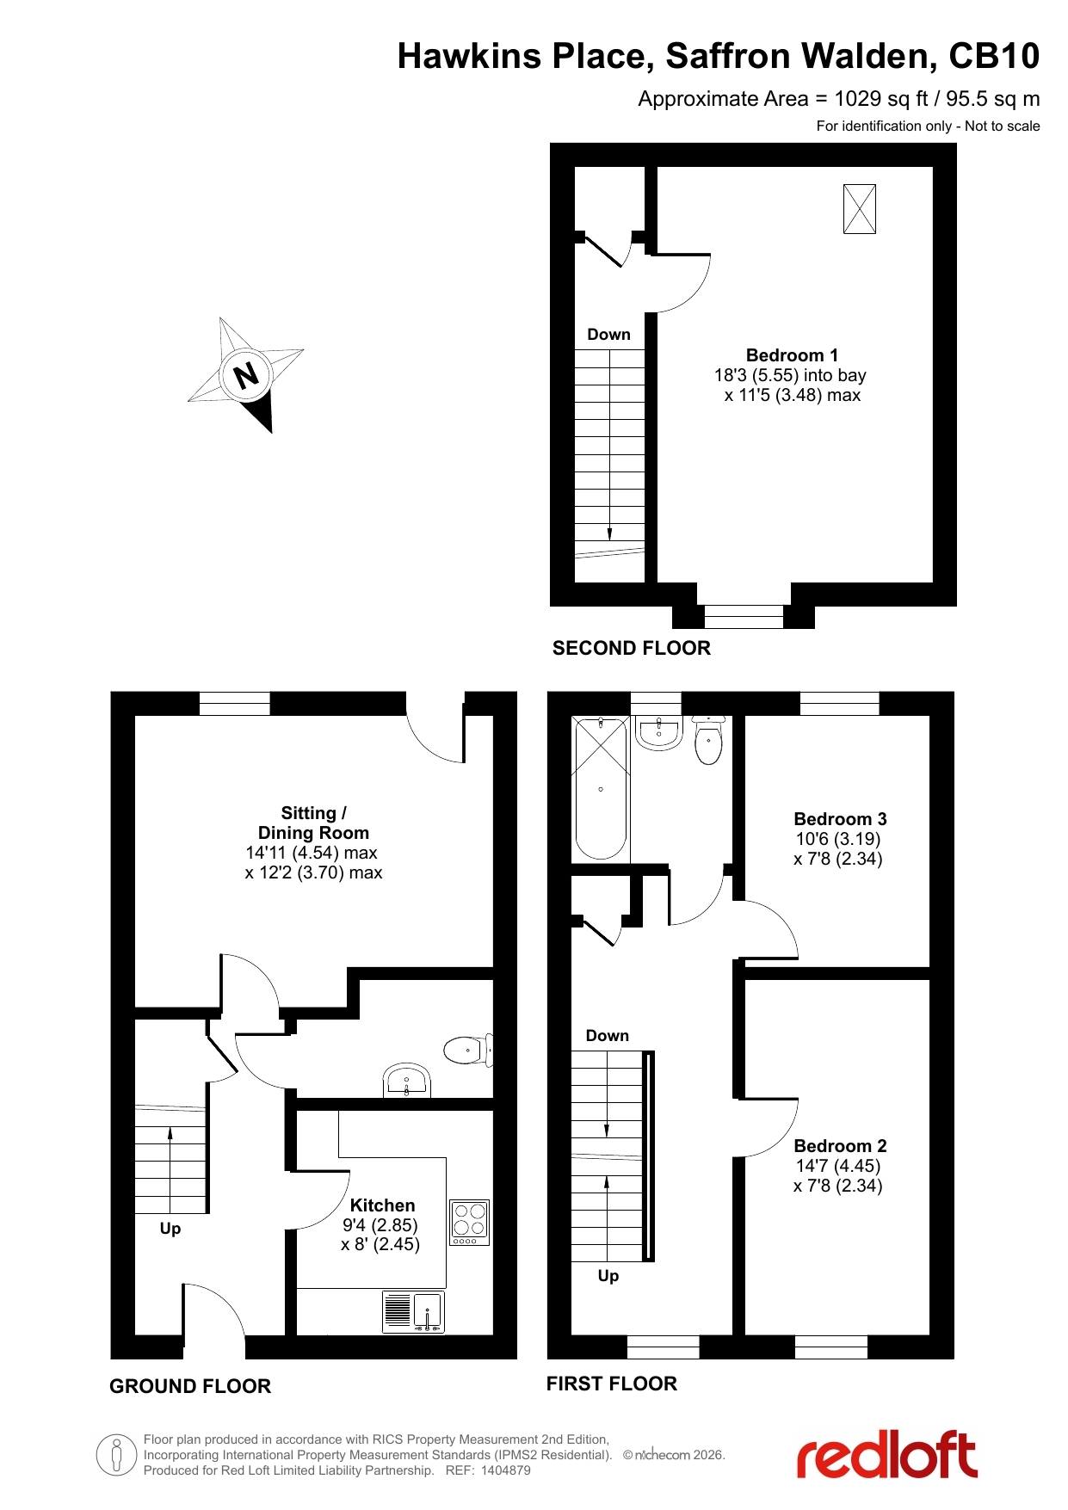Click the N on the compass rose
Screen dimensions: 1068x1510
pos(246,376)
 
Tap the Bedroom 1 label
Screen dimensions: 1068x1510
pos(792,355)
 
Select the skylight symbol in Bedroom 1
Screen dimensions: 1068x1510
pos(860,209)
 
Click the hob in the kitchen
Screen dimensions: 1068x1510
pos(470,1223)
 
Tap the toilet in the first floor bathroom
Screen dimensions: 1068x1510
pos(708,740)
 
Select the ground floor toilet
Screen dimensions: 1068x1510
pos(468,1050)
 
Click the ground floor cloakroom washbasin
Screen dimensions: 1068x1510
pos(406,1081)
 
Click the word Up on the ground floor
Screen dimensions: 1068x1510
pos(170,1229)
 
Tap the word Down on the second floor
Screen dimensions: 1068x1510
pos(608,335)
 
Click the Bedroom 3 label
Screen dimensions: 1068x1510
pos(840,819)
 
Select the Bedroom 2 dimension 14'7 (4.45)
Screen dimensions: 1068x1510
pos(838,1166)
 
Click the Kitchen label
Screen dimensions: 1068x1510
pos(382,1205)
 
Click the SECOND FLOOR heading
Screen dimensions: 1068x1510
pos(632,648)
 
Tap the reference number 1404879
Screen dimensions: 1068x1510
pos(505,1470)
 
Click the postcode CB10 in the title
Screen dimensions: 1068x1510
pos(994,56)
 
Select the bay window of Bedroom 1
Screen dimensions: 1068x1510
pos(744,617)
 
